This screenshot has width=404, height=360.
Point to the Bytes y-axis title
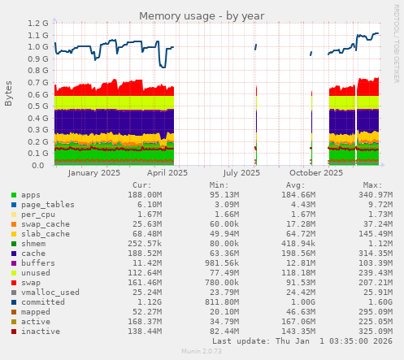[9, 93]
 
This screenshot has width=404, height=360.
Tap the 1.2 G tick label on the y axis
[37, 24]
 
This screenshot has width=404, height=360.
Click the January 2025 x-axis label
[93, 172]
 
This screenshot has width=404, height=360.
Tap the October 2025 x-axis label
[316, 172]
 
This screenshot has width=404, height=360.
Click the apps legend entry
[31, 195]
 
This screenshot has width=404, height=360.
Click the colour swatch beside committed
[13, 302]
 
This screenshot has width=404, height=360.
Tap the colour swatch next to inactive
[13, 332]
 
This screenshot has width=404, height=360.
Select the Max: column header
[373, 185]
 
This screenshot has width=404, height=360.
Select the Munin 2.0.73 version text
[202, 352]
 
